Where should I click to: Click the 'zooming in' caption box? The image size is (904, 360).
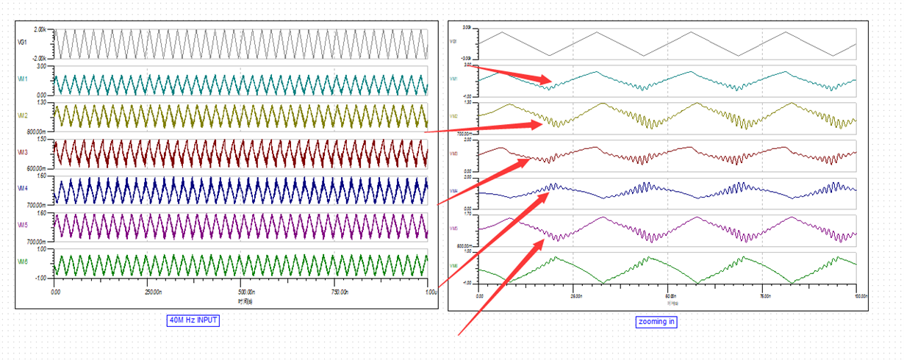[x=656, y=321]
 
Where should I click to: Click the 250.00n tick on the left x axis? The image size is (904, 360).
[x=148, y=292]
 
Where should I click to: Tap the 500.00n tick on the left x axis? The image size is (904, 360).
[x=241, y=292]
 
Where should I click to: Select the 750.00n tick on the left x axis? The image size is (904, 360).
[x=334, y=292]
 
